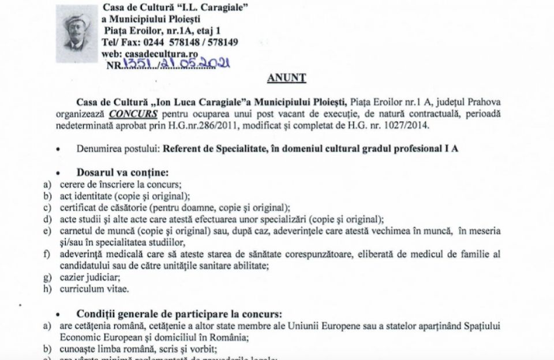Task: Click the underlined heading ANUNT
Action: pyautogui.click(x=286, y=77)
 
